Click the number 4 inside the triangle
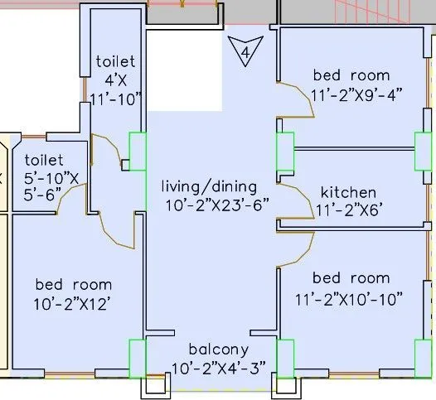(245, 52)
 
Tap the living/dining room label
(209, 186)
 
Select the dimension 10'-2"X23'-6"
(217, 205)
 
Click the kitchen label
(348, 192)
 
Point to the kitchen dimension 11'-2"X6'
(347, 210)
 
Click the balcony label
(219, 349)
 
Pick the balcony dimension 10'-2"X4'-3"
(219, 369)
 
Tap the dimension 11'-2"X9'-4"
(356, 95)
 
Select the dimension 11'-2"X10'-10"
(349, 300)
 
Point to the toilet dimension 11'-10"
(116, 99)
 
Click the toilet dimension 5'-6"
(42, 195)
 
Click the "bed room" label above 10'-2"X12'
(74, 285)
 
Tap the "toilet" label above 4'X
(116, 61)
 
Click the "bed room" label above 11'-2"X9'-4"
(351, 75)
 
